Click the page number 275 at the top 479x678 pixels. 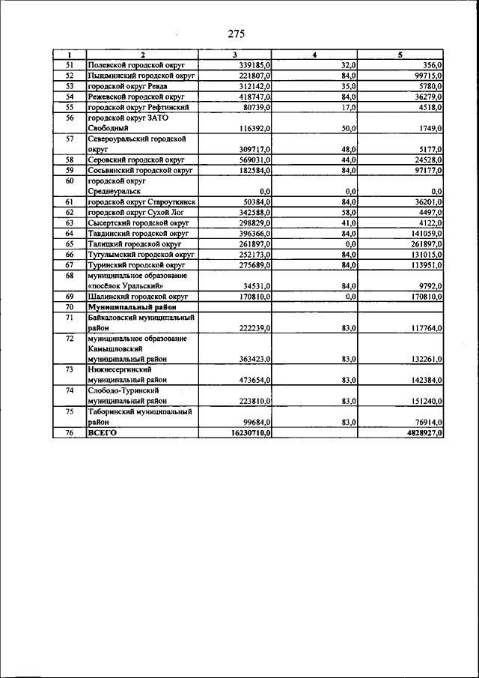(x=237, y=34)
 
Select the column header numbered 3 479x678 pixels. (x=234, y=55)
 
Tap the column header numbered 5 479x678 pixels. (x=400, y=55)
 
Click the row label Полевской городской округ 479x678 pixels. (x=136, y=66)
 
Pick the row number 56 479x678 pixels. (x=69, y=118)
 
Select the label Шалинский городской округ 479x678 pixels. (x=135, y=297)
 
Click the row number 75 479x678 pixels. (x=69, y=411)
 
